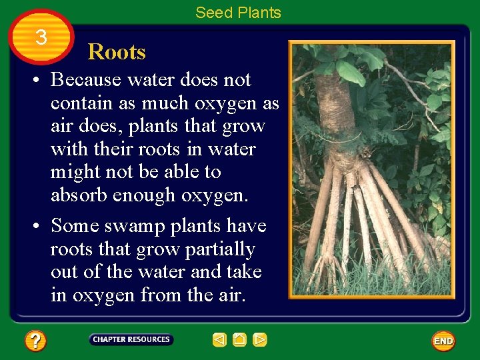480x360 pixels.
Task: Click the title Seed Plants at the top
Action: click(238, 13)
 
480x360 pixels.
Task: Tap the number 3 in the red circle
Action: click(41, 37)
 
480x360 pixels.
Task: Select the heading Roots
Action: click(117, 52)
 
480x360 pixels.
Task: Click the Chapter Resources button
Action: click(131, 339)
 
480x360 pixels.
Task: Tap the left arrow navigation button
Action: click(219, 340)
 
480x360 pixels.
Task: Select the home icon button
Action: click(239, 340)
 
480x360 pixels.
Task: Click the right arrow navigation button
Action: click(260, 340)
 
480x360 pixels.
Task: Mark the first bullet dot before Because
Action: click(41, 81)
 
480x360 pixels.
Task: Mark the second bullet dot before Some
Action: click(41, 227)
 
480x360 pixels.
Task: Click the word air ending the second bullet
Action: click(231, 295)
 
